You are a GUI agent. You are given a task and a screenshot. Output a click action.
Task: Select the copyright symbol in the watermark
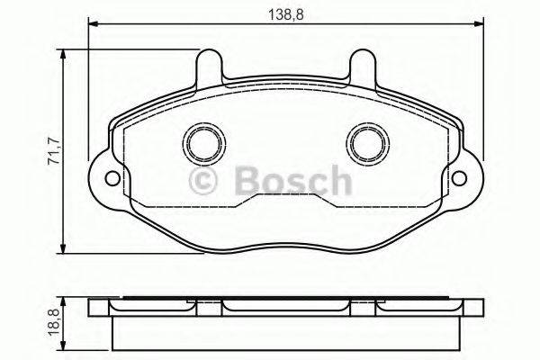(x=206, y=183)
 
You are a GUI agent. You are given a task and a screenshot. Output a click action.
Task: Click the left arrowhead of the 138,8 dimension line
(x=93, y=21)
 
